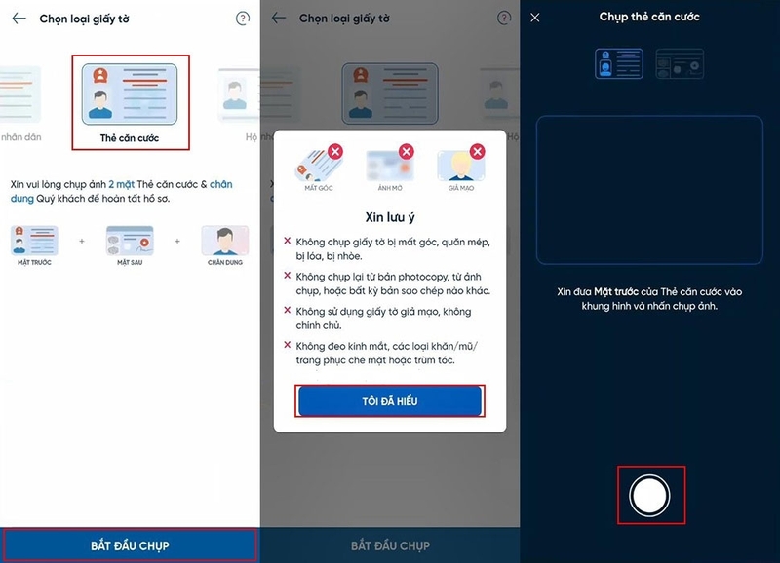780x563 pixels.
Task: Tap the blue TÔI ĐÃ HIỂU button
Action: (x=389, y=400)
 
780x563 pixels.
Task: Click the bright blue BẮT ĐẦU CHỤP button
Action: (x=130, y=544)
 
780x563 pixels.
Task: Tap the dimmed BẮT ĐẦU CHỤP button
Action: (x=389, y=544)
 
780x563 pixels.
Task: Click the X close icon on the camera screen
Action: (x=535, y=18)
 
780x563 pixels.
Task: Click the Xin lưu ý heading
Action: (x=389, y=215)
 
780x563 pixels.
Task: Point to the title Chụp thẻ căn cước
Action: (x=649, y=17)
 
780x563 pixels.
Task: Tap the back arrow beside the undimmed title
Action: (x=19, y=19)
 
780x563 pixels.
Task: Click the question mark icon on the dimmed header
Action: (x=503, y=19)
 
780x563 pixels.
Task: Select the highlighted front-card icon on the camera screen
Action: (x=619, y=64)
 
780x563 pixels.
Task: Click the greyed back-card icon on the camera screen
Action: (x=680, y=64)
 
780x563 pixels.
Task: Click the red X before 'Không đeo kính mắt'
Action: (x=287, y=345)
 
